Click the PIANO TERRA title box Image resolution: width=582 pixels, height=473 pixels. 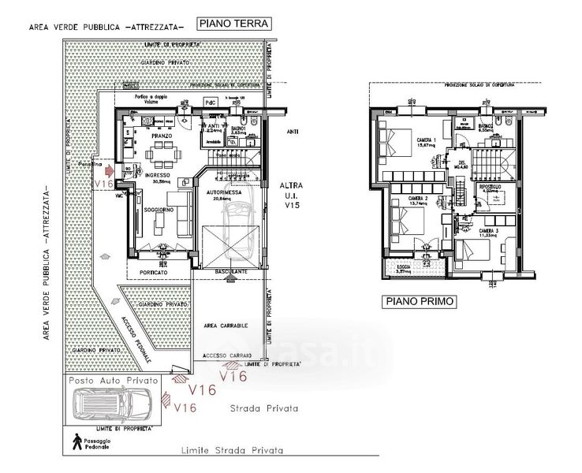tap(233, 24)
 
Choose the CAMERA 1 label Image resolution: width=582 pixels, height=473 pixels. tap(427, 140)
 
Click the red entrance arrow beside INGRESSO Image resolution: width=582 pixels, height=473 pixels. tap(109, 169)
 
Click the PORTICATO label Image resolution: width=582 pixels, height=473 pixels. tap(155, 272)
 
